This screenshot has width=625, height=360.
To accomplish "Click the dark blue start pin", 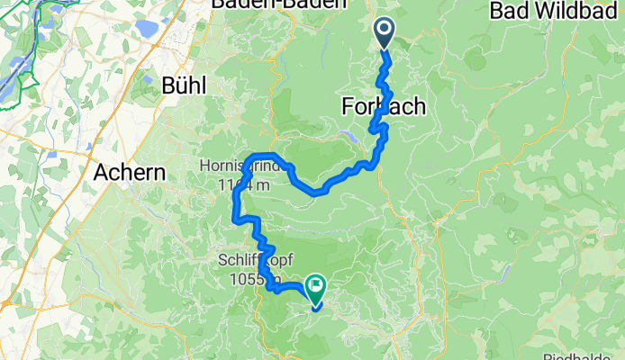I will point(383,34).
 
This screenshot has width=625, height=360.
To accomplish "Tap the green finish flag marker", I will point(317,289).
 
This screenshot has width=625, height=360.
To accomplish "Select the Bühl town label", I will point(185,85).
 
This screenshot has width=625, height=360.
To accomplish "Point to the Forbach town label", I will point(384,107).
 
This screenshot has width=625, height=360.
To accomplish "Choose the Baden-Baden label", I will point(278,4).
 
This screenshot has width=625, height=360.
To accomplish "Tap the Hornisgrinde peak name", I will point(243,167).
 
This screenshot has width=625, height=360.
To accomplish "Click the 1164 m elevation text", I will point(243,185).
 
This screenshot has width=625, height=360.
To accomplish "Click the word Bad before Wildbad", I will point(509,12).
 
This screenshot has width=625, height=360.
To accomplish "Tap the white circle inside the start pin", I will point(383,30).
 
